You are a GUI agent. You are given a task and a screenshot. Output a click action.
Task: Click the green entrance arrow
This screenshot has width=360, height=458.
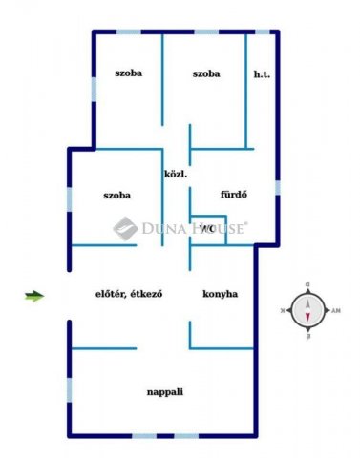34,296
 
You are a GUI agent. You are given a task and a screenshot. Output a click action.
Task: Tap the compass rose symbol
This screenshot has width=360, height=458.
307,311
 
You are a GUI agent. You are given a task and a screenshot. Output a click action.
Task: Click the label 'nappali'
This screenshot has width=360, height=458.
164,391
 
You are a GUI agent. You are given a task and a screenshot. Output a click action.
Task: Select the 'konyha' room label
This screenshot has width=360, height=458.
220,294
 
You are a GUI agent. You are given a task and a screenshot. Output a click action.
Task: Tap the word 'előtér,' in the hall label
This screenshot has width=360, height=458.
113,294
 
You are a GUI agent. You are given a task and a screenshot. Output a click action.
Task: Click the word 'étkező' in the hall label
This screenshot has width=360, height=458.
147,294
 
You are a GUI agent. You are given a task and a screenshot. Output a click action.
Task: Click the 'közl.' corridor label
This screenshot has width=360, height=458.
175,175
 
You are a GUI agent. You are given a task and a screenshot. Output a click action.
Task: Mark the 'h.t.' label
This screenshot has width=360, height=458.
261,74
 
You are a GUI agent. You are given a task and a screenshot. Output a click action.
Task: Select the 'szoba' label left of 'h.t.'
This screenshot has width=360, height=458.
205,74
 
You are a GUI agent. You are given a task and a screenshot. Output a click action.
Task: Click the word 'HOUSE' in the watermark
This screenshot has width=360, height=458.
220,227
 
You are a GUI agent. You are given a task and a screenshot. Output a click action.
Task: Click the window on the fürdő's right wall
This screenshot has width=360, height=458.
278,187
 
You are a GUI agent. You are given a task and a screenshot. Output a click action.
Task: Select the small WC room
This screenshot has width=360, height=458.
207,233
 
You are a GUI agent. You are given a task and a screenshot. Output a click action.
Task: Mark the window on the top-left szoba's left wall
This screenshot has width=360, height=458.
95,89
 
